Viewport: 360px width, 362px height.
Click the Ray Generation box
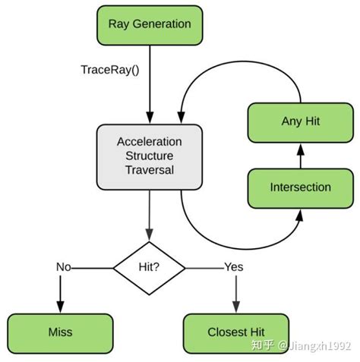(x=149, y=24)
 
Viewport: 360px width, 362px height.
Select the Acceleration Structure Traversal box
(x=149, y=156)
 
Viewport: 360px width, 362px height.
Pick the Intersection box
(x=300, y=187)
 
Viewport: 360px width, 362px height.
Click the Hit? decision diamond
(x=149, y=267)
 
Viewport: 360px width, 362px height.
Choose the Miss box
(x=59, y=332)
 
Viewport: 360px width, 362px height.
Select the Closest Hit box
(x=236, y=332)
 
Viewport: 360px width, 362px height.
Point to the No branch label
(x=65, y=267)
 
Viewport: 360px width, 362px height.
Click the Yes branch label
(x=233, y=267)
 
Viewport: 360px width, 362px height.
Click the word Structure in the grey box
(x=149, y=156)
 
